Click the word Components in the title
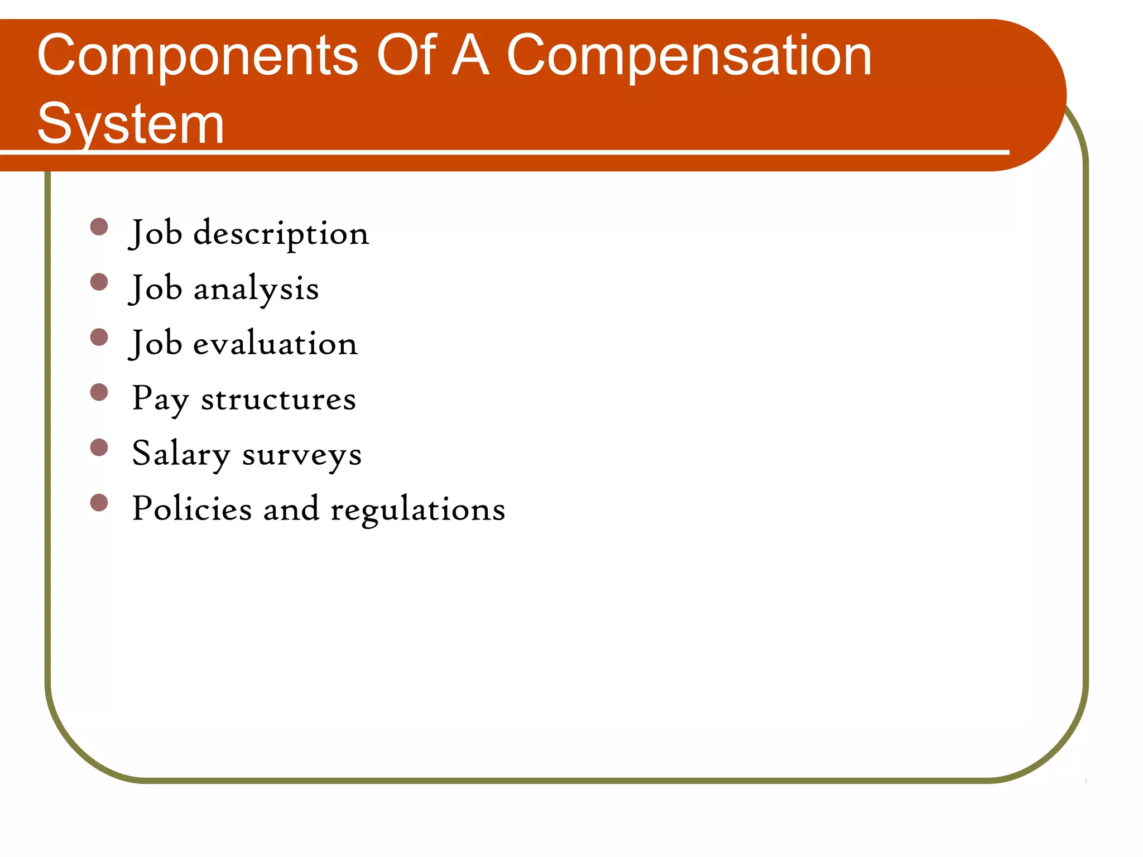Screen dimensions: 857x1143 (x=198, y=56)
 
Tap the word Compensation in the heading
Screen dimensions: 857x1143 (x=689, y=56)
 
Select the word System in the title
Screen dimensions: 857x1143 (x=131, y=124)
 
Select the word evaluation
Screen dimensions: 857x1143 (x=275, y=344)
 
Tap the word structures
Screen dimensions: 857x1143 (x=278, y=399)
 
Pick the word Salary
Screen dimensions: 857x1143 (x=181, y=454)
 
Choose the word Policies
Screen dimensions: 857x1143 (x=192, y=508)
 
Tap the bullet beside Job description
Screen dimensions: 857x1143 (x=99, y=227)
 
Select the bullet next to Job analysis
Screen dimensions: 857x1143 (x=99, y=282)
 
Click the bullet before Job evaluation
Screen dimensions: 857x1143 (x=99, y=337)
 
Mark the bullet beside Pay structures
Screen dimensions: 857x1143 (x=99, y=392)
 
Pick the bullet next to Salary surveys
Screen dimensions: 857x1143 (x=99, y=447)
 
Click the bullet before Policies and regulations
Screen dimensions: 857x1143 (x=99, y=503)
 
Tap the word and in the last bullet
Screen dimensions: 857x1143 (x=291, y=508)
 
